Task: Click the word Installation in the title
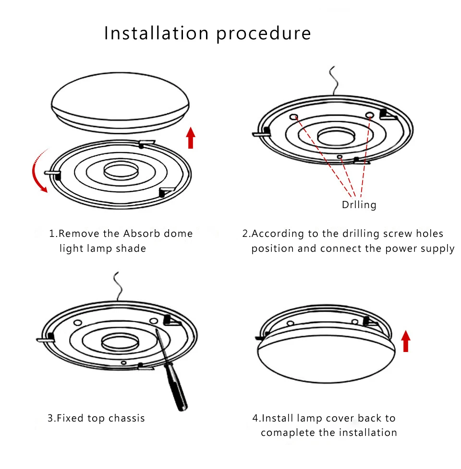click(156, 33)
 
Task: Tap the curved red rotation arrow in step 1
click(36, 172)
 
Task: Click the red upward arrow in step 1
click(191, 138)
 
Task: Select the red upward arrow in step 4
click(406, 341)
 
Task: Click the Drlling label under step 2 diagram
click(359, 205)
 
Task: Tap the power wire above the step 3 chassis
click(118, 286)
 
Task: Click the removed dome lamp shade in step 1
click(120, 102)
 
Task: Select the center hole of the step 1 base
click(121, 171)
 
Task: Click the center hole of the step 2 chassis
click(337, 136)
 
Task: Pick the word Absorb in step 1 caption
click(142, 234)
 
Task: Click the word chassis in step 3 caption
click(126, 418)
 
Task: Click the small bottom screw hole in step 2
click(340, 157)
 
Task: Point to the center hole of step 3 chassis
click(120, 342)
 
